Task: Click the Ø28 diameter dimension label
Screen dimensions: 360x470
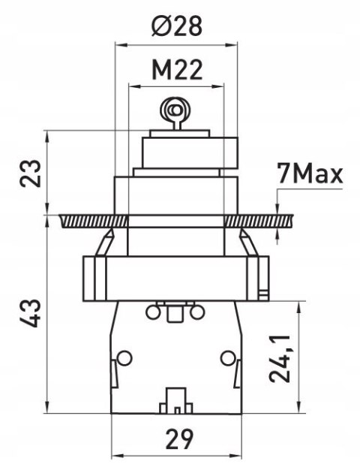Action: click(177, 26)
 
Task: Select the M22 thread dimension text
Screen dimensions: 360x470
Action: click(177, 70)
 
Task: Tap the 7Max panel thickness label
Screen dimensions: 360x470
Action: click(310, 173)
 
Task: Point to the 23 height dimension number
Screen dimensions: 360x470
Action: click(30, 173)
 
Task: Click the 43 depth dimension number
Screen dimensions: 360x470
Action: click(30, 312)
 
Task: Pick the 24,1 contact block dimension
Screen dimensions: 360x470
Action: click(280, 359)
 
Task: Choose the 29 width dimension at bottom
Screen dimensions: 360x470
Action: click(179, 439)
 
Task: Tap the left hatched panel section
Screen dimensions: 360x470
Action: click(94, 221)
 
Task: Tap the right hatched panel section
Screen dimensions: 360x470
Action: click(259, 221)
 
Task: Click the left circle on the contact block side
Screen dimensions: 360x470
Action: click(124, 357)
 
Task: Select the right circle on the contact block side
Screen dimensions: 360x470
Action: click(228, 357)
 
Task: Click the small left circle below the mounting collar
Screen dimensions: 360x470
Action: click(153, 312)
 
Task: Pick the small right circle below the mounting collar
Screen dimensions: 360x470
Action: click(197, 312)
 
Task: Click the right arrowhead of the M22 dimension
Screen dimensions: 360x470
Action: click(217, 87)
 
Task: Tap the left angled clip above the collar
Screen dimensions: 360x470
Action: click(105, 243)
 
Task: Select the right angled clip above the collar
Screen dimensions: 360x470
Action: click(248, 243)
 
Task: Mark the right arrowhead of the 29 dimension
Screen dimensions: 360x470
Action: click(235, 457)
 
